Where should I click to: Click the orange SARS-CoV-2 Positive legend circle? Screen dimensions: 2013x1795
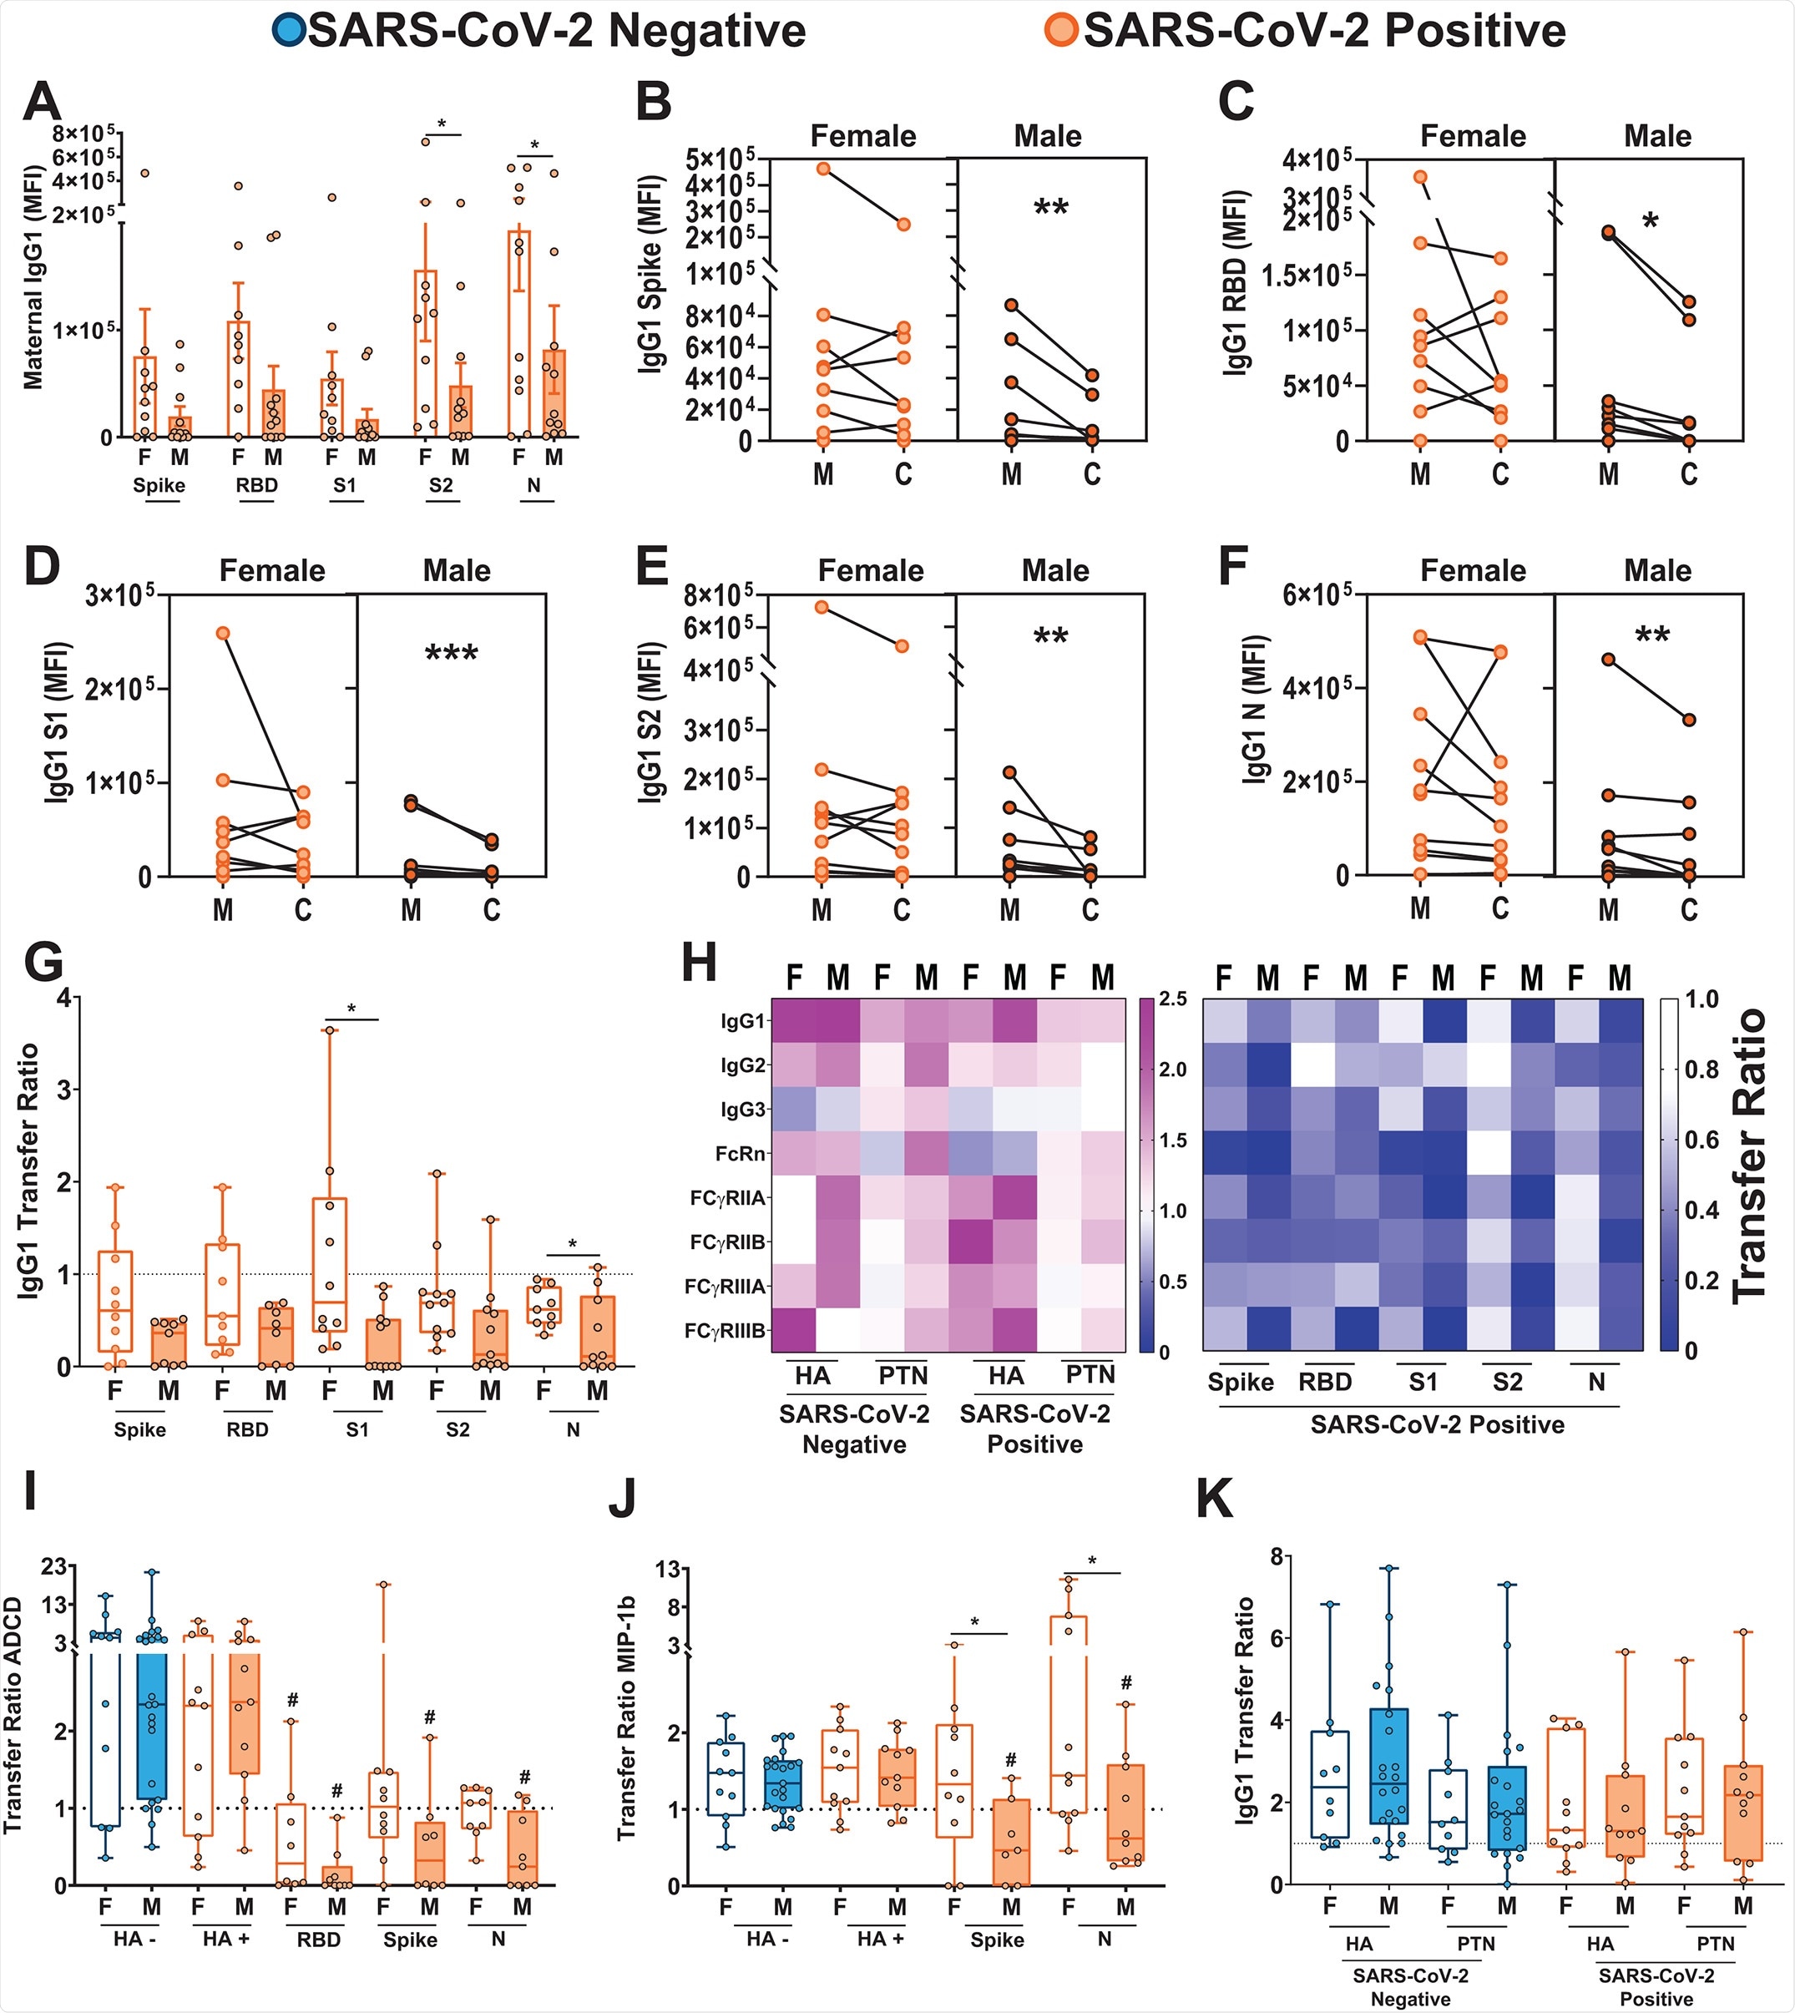pyautogui.click(x=1063, y=31)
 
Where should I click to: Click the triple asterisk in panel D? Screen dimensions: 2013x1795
pyautogui.click(x=451, y=653)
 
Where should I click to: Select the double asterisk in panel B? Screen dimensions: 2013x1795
pyautogui.click(x=1050, y=208)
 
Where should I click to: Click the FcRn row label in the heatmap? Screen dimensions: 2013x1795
pyautogui.click(x=741, y=1153)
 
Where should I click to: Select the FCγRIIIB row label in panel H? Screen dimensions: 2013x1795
pyautogui.click(x=725, y=1332)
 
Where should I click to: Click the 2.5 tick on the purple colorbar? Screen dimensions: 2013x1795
pyautogui.click(x=1173, y=999)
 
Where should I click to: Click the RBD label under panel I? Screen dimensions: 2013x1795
pyautogui.click(x=319, y=1939)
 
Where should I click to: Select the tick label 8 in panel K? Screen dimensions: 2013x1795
pyautogui.click(x=1249, y=1556)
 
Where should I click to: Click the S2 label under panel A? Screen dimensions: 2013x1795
pyautogui.click(x=441, y=485)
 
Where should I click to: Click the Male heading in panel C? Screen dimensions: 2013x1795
pyautogui.click(x=1657, y=136)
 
